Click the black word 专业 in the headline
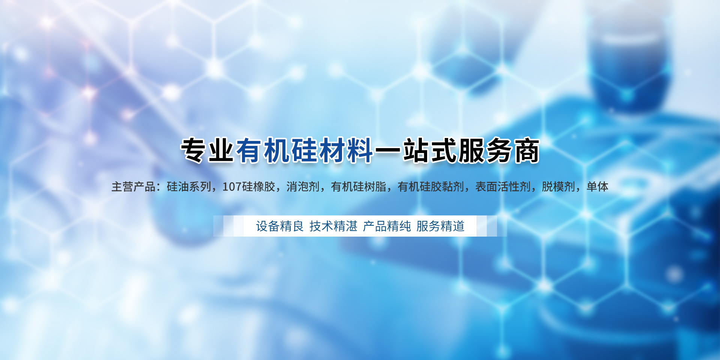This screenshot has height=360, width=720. pyautogui.click(x=208, y=150)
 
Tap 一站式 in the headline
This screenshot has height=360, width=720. pyautogui.click(x=416, y=150)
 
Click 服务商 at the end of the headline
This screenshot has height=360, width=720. pyautogui.click(x=499, y=150)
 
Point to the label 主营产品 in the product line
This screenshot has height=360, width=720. pyautogui.click(x=133, y=186)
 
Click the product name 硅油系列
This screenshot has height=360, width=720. pyautogui.click(x=189, y=186)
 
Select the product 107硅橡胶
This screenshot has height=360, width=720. pyautogui.click(x=249, y=186)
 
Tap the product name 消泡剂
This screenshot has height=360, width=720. pyautogui.click(x=303, y=186)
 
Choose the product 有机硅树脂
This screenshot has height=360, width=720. pyautogui.click(x=358, y=186)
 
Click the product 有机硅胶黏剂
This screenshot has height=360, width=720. pyautogui.click(x=431, y=186)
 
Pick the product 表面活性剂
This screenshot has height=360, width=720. pyautogui.click(x=503, y=186)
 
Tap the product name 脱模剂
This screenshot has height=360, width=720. pyautogui.click(x=558, y=186)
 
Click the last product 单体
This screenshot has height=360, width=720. pyautogui.click(x=597, y=186)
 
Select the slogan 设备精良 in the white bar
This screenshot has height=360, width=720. pyautogui.click(x=280, y=226)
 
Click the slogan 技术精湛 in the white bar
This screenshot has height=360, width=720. pyautogui.click(x=333, y=226)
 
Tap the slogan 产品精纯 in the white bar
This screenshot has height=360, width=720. pyautogui.click(x=387, y=226)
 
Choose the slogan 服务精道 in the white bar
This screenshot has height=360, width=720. pyautogui.click(x=441, y=226)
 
